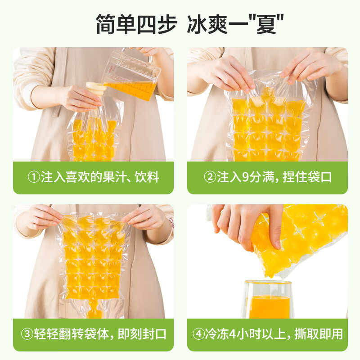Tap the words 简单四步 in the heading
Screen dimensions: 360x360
135,24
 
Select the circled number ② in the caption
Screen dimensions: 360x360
210,177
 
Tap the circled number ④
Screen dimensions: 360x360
198,334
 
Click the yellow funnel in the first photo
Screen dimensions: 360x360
95,90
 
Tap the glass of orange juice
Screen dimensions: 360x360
268,299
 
